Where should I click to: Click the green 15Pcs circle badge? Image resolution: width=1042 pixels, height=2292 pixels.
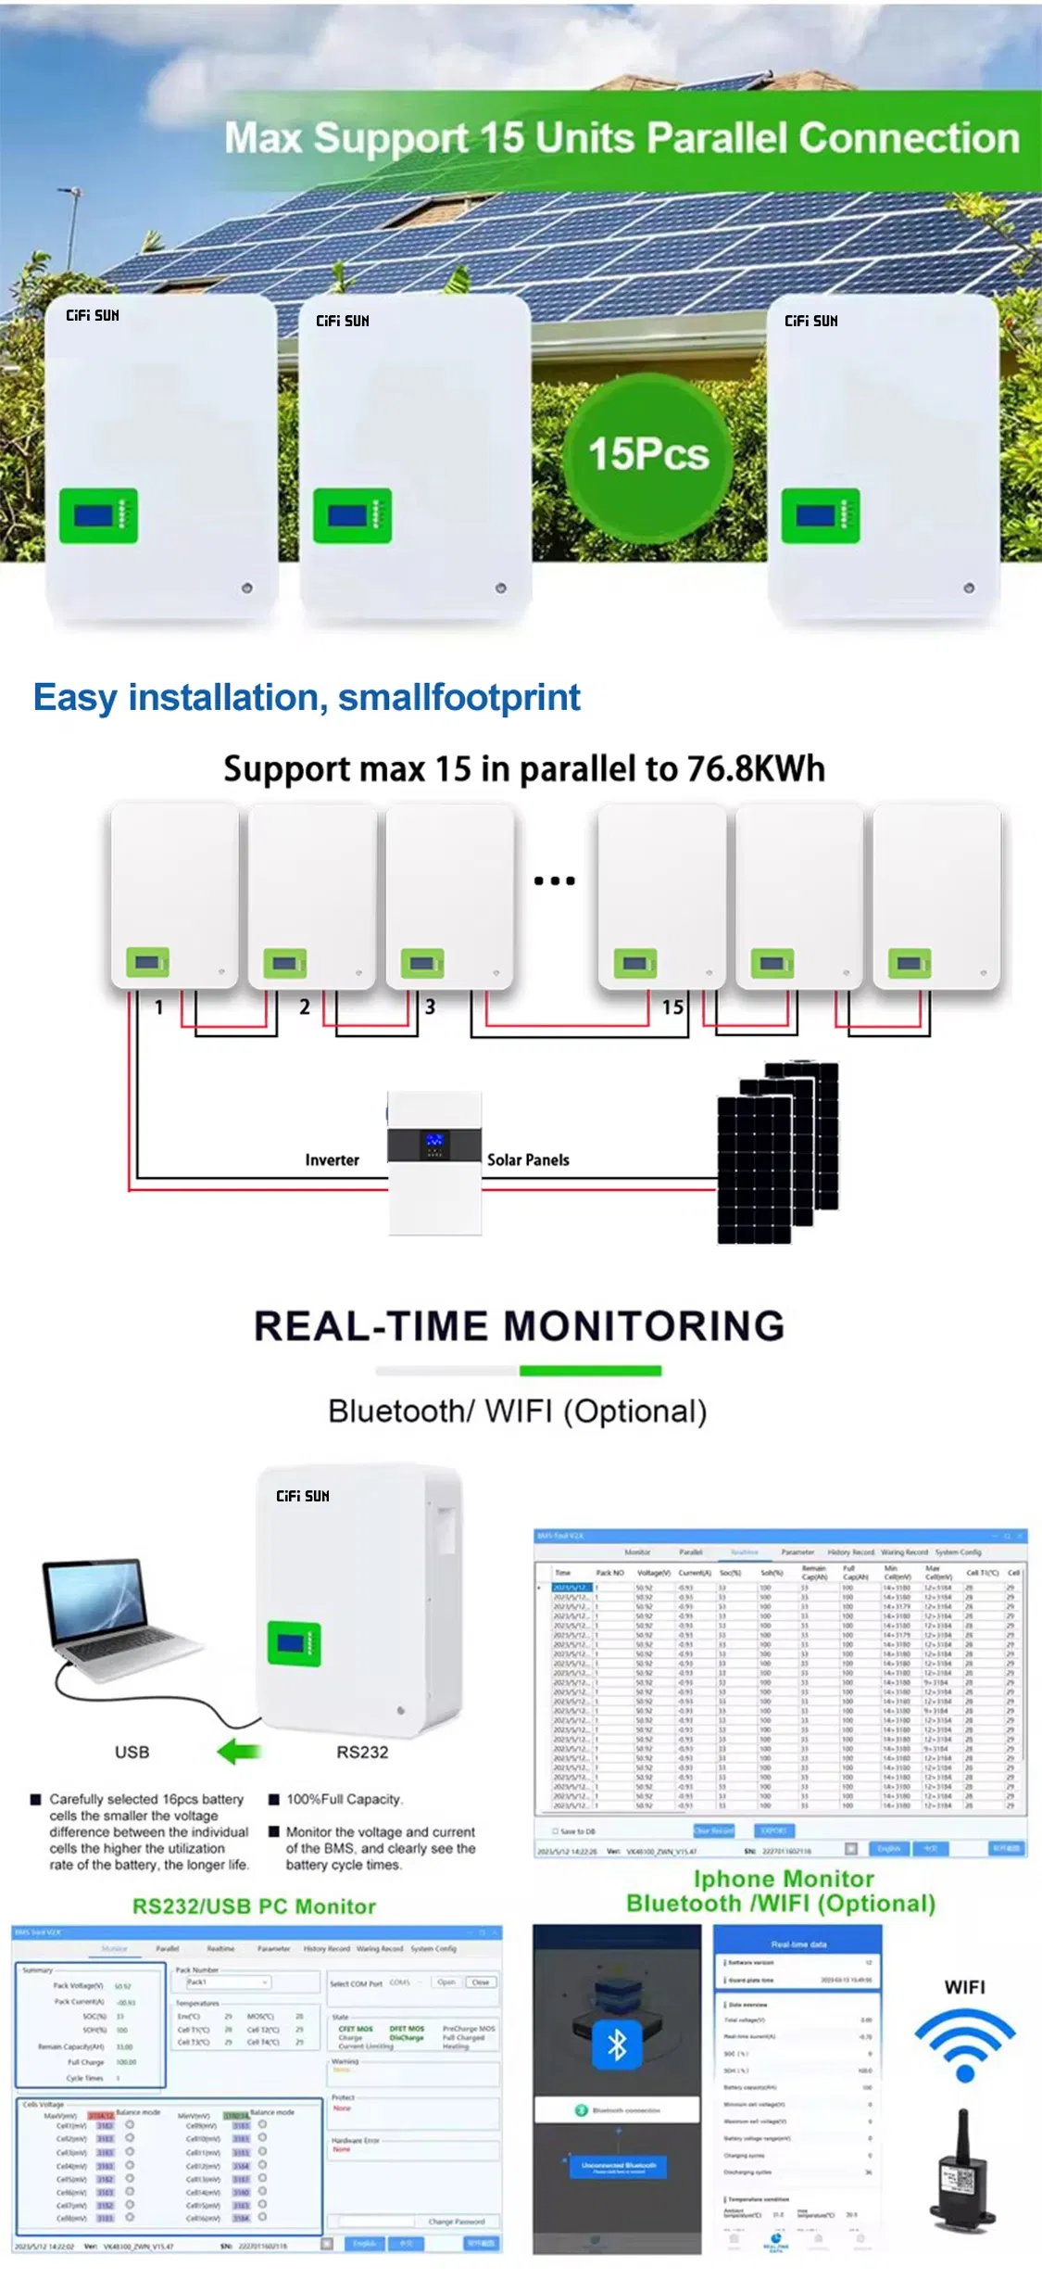648,454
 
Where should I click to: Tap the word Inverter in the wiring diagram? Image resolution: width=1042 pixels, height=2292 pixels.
332,1160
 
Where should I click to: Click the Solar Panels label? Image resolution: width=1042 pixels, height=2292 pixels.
528,1160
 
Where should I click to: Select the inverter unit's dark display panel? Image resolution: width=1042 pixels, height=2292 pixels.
434,1145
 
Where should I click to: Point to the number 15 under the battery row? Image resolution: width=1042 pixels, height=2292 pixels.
673,1007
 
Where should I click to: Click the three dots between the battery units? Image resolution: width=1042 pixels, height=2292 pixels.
554,880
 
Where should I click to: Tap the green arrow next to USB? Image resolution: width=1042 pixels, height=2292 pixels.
239,1752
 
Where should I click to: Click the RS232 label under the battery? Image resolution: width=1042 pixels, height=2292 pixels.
362,1753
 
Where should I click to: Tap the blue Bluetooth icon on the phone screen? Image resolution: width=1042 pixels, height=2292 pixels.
617,2045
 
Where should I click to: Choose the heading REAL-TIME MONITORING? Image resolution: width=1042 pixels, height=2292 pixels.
520,1326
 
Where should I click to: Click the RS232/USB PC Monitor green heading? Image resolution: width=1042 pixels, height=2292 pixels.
254,1906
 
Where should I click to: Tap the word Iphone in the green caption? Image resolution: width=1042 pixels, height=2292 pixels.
732,1879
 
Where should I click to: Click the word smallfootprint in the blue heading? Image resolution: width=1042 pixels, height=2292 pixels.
459,697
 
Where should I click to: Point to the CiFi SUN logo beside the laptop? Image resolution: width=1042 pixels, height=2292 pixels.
303,1496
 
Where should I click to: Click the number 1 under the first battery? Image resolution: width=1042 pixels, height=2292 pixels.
159,1007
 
